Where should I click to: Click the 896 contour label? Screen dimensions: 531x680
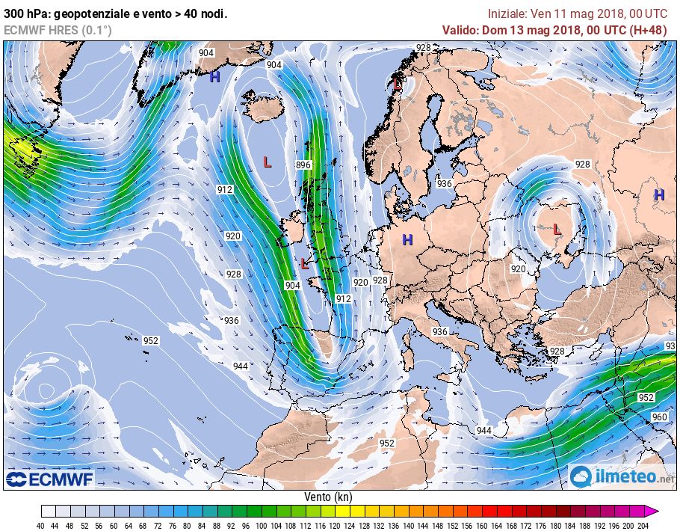(x=303, y=165)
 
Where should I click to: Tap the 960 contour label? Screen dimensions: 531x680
(x=659, y=417)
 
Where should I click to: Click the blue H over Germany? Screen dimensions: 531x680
(x=407, y=239)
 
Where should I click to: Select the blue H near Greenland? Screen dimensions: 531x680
(x=214, y=76)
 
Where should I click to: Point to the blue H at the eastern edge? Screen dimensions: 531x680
(x=659, y=194)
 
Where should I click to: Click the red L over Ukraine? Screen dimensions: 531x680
(x=557, y=230)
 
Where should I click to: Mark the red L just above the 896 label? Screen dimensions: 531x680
(x=268, y=161)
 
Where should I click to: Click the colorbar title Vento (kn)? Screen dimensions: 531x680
(x=328, y=497)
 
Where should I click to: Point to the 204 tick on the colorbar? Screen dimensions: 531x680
(x=643, y=524)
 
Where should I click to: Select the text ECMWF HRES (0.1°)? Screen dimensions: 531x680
(x=58, y=30)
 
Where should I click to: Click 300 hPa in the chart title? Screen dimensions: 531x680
(x=25, y=13)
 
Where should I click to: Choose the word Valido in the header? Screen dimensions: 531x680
(x=460, y=30)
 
